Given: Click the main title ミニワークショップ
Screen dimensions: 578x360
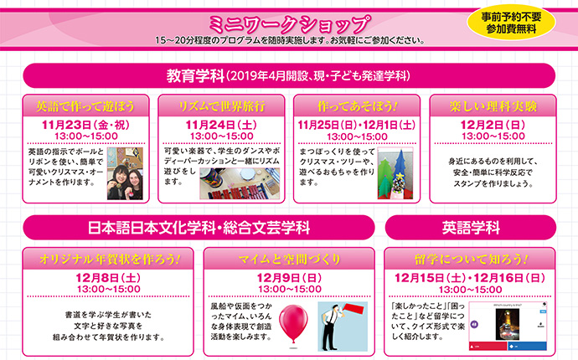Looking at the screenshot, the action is click(289, 24).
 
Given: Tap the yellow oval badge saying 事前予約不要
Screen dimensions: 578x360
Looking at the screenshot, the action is click(511, 22).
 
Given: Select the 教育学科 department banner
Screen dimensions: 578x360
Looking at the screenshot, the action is click(289, 76).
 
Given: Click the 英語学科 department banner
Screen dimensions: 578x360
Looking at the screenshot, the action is click(471, 228).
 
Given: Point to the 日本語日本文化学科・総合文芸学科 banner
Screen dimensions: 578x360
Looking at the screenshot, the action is click(199, 228).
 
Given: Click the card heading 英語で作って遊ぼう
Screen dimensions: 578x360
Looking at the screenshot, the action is click(85, 106).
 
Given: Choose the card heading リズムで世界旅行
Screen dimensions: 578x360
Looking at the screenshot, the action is click(221, 106).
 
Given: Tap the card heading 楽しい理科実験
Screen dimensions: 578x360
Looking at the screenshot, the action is click(493, 106).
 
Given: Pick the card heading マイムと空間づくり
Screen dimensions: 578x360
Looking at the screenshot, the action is click(289, 260).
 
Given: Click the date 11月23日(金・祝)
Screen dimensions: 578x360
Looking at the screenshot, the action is click(85, 125).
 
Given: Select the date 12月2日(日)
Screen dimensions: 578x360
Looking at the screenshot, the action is click(493, 125).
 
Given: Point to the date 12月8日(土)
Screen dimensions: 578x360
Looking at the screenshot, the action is click(108, 278).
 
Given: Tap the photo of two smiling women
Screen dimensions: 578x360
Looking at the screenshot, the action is click(125, 173).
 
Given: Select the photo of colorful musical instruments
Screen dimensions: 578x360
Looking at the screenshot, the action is click(240, 183).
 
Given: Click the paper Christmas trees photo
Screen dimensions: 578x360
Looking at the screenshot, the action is click(395, 173).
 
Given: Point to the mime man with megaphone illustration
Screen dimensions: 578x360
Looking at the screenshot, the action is click(343, 327).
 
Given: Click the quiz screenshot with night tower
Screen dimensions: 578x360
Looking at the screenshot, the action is click(508, 327).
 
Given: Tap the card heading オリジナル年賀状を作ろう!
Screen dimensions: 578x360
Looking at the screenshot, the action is click(110, 260).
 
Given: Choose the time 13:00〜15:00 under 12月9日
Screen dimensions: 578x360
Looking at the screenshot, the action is click(289, 289).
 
